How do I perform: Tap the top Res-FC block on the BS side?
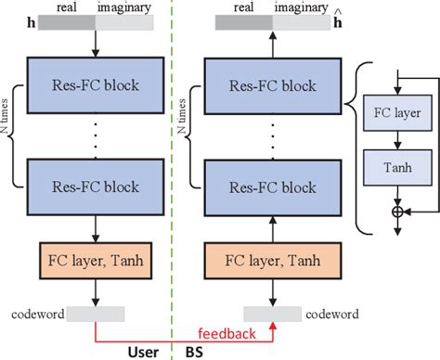(273, 86)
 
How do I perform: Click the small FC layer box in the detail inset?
(396, 115)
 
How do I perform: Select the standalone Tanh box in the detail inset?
(396, 170)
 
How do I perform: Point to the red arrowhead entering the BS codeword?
(273, 328)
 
